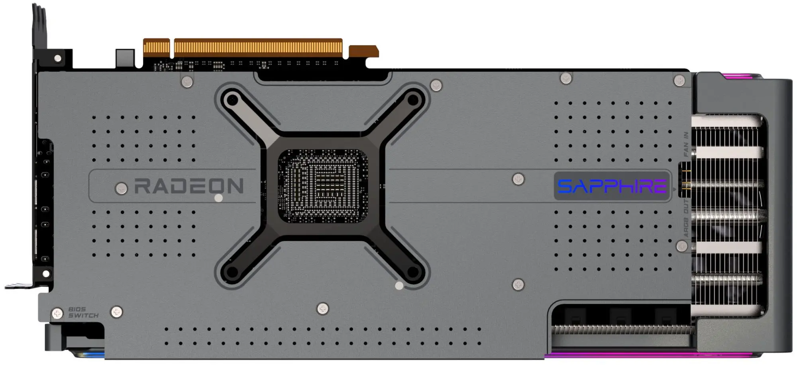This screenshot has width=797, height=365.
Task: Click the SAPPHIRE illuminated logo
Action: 612,186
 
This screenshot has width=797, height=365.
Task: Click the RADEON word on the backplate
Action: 189,186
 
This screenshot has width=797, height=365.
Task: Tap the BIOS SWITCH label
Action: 83,312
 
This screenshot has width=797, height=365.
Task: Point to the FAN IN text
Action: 686,144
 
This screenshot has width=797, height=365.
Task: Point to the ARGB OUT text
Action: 686,218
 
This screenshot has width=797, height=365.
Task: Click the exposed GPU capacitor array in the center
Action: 323,186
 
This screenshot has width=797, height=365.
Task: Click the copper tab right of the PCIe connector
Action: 363,51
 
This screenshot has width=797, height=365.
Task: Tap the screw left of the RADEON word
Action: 121,188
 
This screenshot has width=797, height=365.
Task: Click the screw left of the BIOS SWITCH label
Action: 57,313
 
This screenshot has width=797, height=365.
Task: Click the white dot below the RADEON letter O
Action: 218,198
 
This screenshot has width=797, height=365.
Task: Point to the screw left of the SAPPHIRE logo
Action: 518,179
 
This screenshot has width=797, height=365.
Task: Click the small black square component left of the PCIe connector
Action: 125,58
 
